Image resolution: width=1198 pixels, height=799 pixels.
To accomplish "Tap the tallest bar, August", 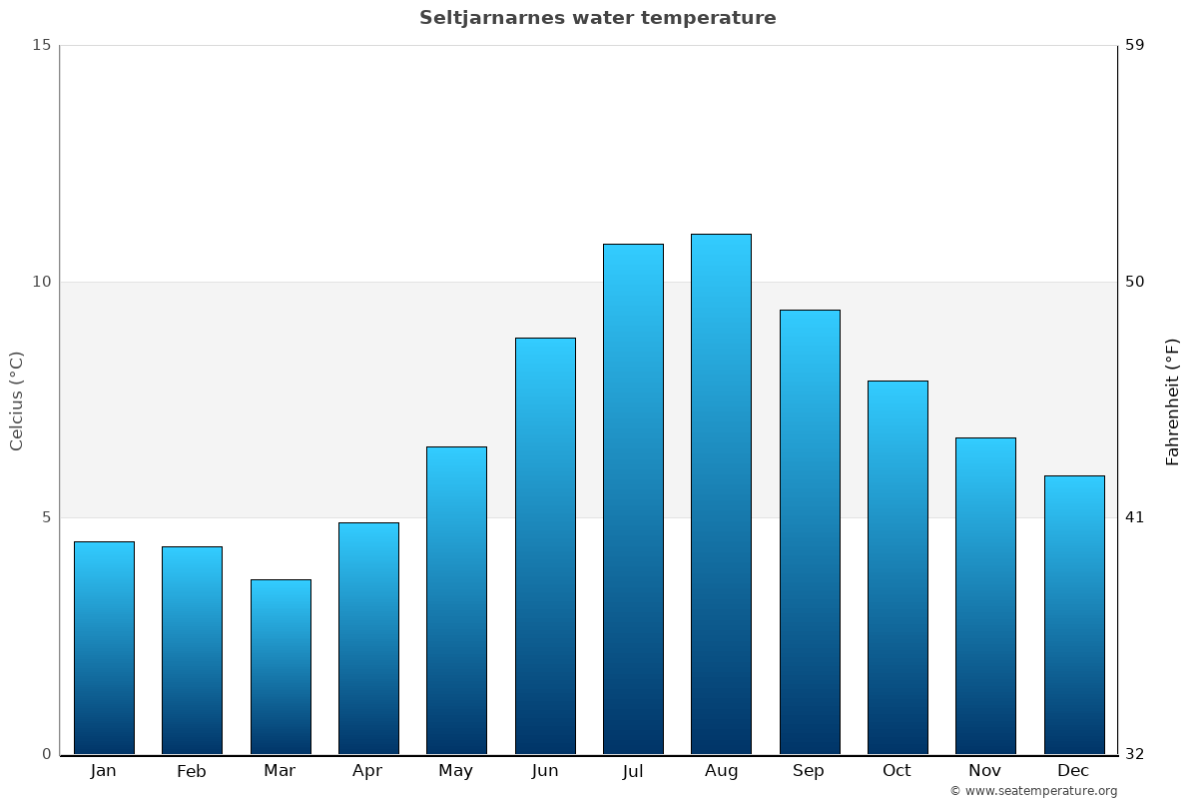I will pos(721,493).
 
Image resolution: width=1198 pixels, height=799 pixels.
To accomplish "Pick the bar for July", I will pos(633,498).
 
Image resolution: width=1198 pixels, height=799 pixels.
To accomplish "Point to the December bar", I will pos(1074,614).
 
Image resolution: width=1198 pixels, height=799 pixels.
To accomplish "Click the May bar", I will pos(456,600).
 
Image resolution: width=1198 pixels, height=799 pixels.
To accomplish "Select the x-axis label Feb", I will pos(192,771).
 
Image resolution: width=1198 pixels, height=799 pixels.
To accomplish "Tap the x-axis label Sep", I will pos(809,771).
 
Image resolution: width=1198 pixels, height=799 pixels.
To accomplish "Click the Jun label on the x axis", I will pos(545,771).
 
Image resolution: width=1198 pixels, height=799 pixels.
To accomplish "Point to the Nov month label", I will pos(985,771).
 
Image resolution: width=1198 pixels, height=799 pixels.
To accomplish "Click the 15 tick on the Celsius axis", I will pos(41,45).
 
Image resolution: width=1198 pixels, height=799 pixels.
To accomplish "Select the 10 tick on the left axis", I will pos(41,282).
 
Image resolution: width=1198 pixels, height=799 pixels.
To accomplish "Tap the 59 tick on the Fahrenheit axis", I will pos(1135,45).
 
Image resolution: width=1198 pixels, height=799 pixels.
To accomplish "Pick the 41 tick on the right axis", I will pos(1135,517).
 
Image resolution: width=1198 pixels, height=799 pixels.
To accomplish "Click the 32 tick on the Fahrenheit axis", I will pos(1135,754).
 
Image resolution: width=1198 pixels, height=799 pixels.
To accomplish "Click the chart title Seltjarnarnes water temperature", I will pos(597,18).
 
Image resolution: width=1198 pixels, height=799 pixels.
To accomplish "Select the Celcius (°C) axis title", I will pos(17,400).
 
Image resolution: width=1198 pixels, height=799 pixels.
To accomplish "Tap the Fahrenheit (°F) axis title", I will pos(1173,400).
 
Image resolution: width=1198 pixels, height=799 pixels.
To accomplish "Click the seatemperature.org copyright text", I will pos(1033,791).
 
